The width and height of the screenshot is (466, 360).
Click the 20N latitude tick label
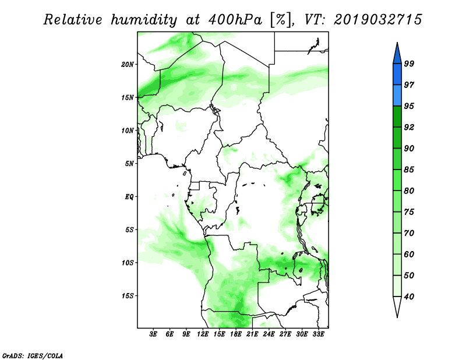click(x=128, y=65)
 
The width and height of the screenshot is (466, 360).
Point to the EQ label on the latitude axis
click(x=129, y=197)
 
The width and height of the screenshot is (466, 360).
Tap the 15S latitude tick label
click(x=128, y=296)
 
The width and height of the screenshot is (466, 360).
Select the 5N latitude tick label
click(x=129, y=164)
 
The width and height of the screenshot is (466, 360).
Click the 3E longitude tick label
click(x=153, y=334)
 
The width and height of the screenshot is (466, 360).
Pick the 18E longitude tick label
click(x=236, y=334)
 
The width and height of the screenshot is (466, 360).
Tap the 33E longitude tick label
click(x=318, y=334)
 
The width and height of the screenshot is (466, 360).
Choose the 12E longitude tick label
click(x=203, y=334)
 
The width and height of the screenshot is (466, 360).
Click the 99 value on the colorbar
click(x=409, y=63)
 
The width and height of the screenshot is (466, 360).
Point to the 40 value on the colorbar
click(x=409, y=297)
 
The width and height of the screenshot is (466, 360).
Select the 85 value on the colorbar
click(x=409, y=170)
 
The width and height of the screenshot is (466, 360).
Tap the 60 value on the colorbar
click(x=409, y=254)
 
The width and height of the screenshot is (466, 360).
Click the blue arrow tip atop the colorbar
click(x=397, y=43)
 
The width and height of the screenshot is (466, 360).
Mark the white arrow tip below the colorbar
click(x=397, y=317)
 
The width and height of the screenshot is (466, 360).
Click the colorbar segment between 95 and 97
click(x=397, y=96)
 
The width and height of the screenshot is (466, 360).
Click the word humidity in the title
click(x=144, y=20)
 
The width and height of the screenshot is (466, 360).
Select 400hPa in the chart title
click(x=235, y=20)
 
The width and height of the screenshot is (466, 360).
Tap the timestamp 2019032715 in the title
click(x=377, y=20)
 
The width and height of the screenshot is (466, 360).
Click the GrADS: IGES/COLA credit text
click(x=33, y=355)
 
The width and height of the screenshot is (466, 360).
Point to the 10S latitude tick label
click(x=128, y=263)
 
